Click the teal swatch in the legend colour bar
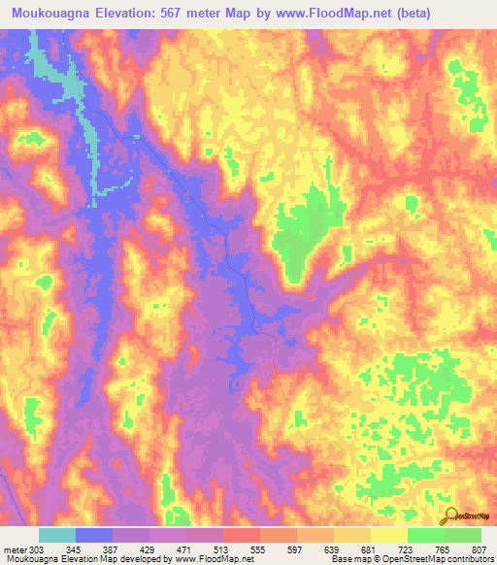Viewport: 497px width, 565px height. pos(57,535)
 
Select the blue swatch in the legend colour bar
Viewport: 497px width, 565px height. pos(94,535)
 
